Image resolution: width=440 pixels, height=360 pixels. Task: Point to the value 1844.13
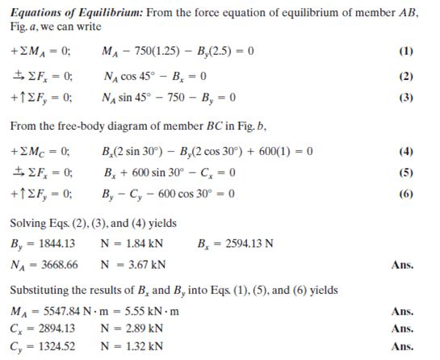coord(54,242)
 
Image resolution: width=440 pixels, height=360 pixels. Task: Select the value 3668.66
coord(56,263)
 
